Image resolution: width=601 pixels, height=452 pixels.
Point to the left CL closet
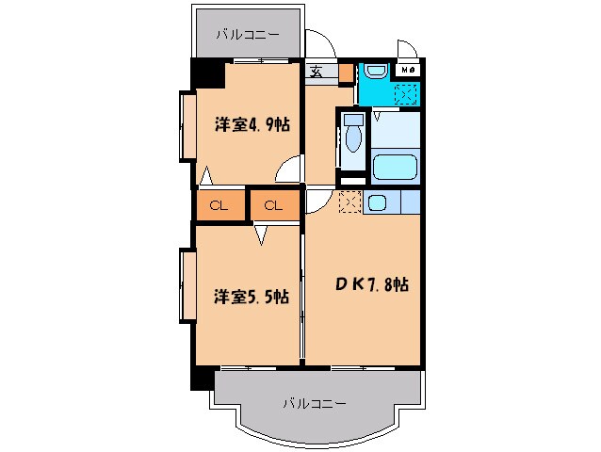click(219, 204)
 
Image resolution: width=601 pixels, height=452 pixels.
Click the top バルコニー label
click(247, 35)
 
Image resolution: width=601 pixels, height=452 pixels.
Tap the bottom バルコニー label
click(315, 403)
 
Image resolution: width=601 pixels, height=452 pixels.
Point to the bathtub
click(395, 168)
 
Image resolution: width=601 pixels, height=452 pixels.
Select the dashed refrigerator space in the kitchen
click(349, 202)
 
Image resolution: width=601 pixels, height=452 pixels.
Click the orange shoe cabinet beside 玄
click(346, 72)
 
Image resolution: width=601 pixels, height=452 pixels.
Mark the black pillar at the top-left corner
click(204, 72)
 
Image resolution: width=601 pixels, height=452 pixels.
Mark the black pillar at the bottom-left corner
click(200, 378)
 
